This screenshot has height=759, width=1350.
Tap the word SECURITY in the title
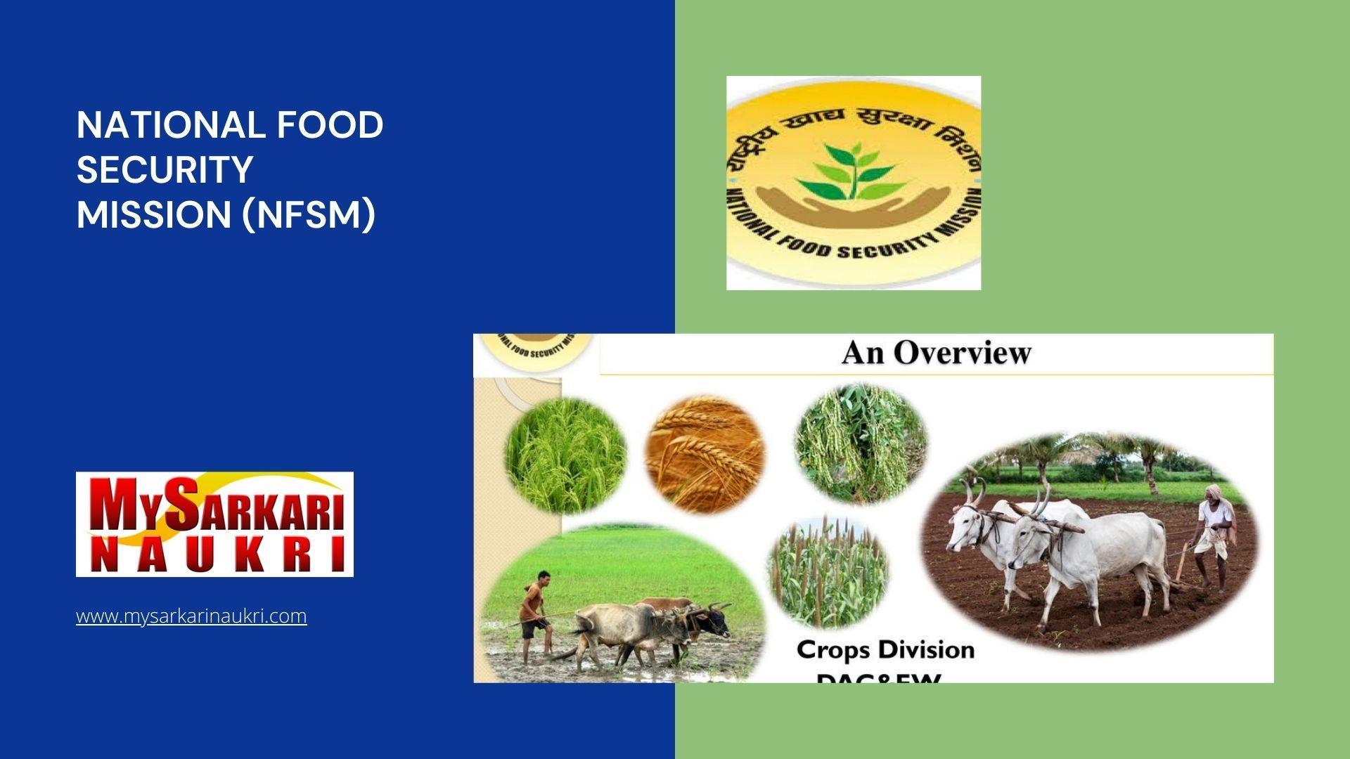click(165, 169)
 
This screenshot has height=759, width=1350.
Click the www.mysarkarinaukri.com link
click(191, 616)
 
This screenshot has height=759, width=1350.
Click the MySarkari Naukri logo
click(214, 524)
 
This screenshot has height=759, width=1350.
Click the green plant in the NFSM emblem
click(853, 171)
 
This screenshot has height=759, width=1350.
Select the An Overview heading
click(936, 353)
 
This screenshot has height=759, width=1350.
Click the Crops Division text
click(885, 649)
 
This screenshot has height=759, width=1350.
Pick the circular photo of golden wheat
click(705, 453)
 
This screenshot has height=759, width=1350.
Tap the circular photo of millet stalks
click(828, 572)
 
